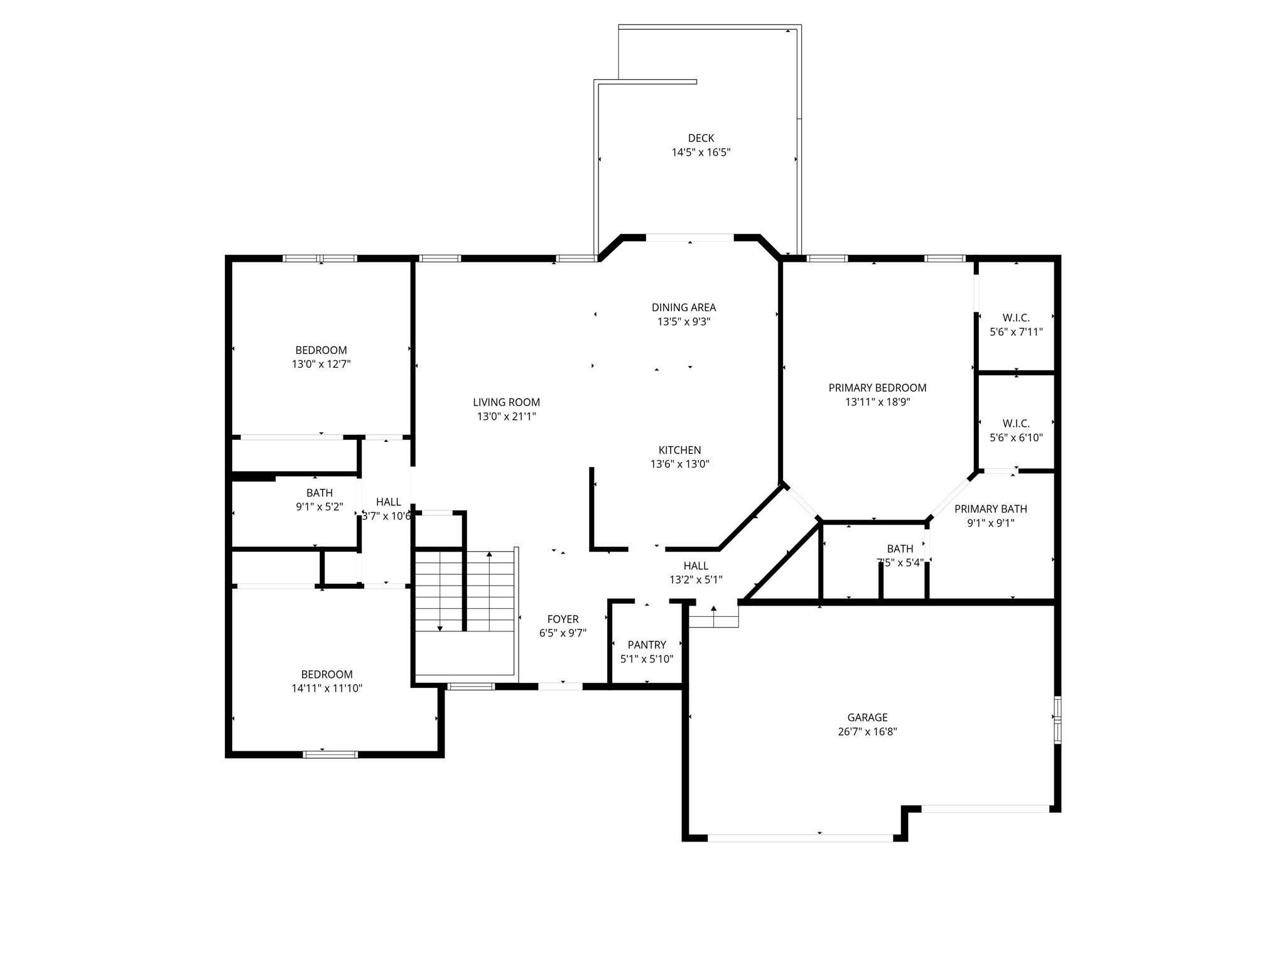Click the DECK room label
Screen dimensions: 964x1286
(701, 138)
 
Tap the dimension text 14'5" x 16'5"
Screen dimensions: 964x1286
(701, 153)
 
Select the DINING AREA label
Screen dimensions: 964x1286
(683, 308)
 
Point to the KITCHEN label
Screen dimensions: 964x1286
(679, 450)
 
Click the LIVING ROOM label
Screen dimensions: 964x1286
(506, 402)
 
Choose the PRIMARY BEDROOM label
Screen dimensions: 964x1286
(877, 388)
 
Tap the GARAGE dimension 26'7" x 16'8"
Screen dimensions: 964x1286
(867, 732)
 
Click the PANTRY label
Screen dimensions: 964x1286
(647, 645)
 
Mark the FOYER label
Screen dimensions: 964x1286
(563, 619)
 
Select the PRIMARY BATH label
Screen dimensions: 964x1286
(990, 509)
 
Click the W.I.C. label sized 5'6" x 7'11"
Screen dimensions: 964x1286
(1015, 318)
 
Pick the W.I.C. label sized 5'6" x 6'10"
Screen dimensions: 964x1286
(1015, 424)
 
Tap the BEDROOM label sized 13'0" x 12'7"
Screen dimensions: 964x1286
(321, 350)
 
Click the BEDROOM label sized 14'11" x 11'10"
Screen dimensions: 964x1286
(327, 675)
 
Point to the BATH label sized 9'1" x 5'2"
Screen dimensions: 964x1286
(320, 493)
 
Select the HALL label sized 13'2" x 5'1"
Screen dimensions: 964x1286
(696, 566)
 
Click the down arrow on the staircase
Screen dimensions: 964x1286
(440, 627)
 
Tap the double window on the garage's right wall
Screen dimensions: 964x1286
(1057, 720)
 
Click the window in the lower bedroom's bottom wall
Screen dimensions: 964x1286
(330, 754)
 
